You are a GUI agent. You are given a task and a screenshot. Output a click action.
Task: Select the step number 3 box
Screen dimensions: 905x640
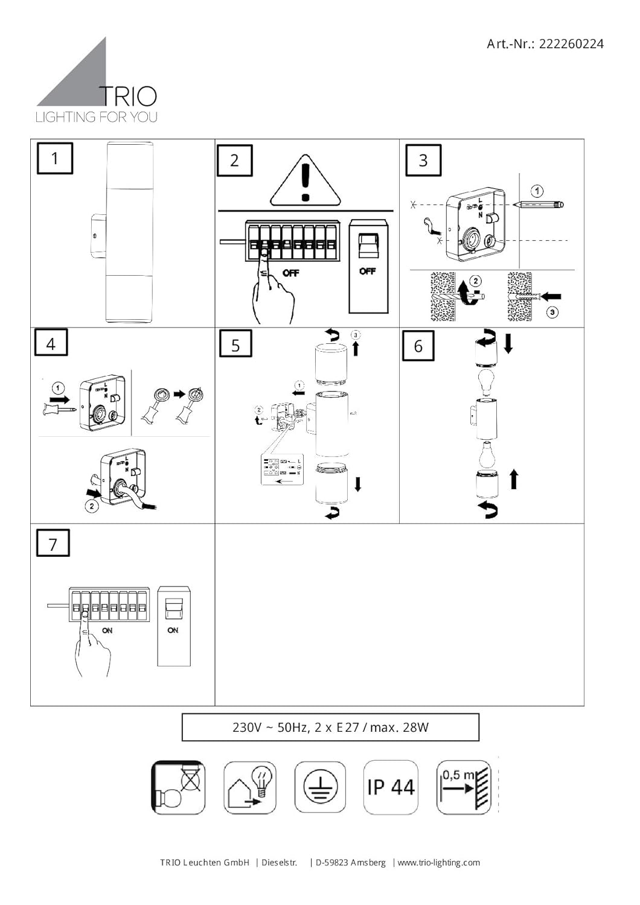(x=423, y=160)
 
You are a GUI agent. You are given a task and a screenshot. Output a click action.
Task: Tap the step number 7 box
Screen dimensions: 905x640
(x=53, y=543)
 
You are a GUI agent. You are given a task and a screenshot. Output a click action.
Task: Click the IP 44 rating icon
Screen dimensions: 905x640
(x=391, y=787)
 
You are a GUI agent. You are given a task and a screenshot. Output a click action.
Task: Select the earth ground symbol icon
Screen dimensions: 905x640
(x=320, y=787)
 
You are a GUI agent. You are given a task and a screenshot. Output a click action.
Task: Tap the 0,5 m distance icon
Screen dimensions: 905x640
(x=464, y=787)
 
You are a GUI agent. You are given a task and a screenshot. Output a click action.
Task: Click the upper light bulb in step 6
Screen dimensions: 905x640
(x=487, y=381)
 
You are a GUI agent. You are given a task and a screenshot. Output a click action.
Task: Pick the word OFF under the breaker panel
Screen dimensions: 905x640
(x=290, y=273)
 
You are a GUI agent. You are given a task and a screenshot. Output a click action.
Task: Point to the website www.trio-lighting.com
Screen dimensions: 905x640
(x=439, y=863)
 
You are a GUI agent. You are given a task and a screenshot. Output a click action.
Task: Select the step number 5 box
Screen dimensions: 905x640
(x=235, y=345)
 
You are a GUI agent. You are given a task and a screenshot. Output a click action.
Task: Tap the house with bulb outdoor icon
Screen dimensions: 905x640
(x=250, y=787)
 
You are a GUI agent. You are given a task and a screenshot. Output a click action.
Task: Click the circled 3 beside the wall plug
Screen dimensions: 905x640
(x=552, y=312)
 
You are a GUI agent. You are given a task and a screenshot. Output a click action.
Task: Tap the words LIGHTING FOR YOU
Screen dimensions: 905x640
(x=97, y=117)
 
